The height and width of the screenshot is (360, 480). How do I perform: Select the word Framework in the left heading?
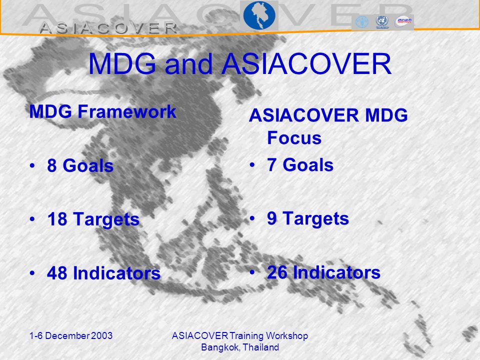tap(127, 111)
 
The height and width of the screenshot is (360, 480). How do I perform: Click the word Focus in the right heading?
tap(294, 138)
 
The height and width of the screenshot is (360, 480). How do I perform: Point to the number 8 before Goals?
tap(52, 165)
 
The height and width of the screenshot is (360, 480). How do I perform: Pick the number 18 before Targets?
tap(57, 219)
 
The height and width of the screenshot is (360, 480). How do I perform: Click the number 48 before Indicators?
tap(57, 273)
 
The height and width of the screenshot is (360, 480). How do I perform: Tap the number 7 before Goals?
tap(271, 164)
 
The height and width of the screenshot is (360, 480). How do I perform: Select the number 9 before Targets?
tap(272, 218)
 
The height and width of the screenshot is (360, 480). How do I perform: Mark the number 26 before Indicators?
tap(277, 272)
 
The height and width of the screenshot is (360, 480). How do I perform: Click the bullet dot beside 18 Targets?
tap(32, 219)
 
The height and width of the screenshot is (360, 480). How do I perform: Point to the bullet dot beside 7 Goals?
tap(252, 165)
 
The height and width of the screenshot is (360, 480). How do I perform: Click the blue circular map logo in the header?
tap(259, 15)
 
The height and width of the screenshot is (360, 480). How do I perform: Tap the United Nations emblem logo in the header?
tap(382, 22)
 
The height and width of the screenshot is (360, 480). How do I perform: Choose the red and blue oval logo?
tap(404, 21)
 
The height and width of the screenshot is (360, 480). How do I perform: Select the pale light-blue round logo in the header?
tap(362, 22)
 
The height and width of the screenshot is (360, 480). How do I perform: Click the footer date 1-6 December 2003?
tap(71, 336)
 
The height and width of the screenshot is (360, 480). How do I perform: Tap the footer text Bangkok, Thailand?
tap(240, 347)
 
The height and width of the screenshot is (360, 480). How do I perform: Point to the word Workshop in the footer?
tap(287, 336)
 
